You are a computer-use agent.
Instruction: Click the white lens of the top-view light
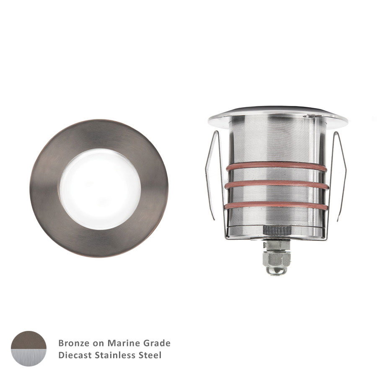tap(100, 188)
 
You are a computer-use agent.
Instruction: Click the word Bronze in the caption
tap(74, 343)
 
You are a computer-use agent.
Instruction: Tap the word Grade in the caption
tap(157, 343)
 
